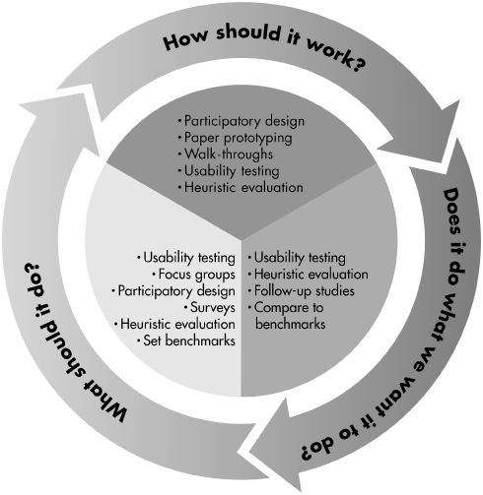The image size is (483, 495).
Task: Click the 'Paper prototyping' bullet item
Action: coord(235,138)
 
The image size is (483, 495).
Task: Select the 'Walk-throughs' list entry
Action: coord(226,154)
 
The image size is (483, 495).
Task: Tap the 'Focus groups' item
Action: coord(194,275)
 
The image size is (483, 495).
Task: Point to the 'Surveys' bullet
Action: coord(210,307)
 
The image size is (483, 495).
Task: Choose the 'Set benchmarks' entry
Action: coord(186,340)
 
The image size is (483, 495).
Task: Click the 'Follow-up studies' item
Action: coord(302,291)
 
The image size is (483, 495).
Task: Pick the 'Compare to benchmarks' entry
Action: coord(287,316)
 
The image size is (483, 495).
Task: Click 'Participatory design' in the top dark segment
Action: coord(241,121)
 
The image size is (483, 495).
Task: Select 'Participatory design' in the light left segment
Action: coord(173,291)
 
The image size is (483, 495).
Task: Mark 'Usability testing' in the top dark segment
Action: coord(229,170)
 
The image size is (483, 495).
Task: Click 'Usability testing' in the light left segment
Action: coord(186,258)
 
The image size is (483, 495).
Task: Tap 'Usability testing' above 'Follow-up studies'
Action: coord(297,258)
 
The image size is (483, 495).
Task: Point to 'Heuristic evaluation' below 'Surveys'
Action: coord(174,324)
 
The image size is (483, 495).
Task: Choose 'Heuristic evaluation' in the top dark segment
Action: coord(241,187)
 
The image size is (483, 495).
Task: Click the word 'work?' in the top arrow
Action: coord(336,57)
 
